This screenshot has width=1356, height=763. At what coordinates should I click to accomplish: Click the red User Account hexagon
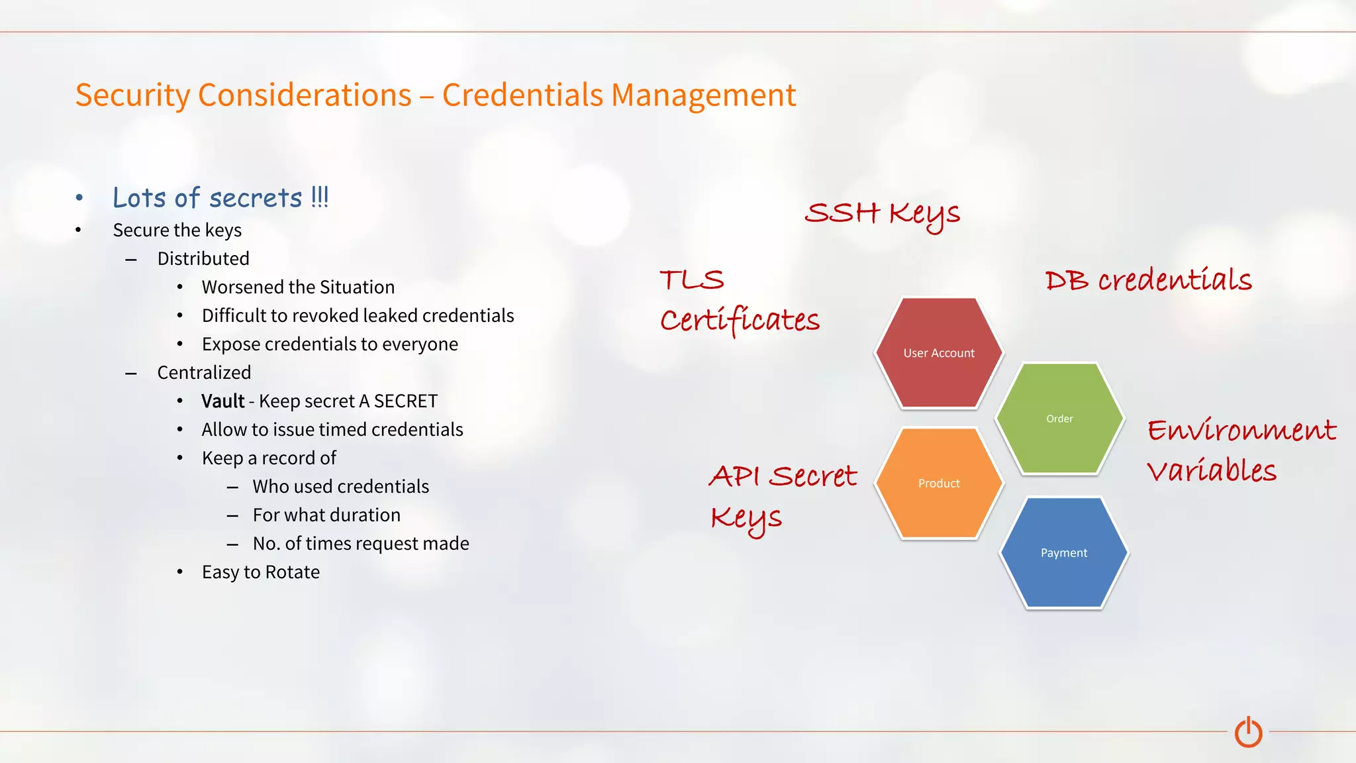(939, 353)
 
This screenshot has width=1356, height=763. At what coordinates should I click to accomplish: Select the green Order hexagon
(1059, 419)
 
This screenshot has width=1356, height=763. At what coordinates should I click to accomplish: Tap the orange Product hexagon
(939, 483)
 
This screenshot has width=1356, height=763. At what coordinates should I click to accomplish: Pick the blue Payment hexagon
(1063, 553)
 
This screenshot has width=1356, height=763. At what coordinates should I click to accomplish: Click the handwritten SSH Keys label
(882, 214)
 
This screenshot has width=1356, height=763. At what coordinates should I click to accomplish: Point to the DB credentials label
(1148, 281)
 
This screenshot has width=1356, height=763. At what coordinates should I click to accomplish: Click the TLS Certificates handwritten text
(739, 301)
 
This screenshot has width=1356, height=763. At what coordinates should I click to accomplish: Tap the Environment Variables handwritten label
(1241, 450)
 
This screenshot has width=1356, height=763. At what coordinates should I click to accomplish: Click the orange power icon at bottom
(1248, 732)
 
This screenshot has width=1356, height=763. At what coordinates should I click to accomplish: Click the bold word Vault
(222, 401)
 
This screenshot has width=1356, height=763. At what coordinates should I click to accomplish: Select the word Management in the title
(702, 95)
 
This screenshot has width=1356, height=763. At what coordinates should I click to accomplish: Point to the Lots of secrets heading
(220, 198)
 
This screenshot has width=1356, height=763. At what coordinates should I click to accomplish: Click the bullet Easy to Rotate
(260, 572)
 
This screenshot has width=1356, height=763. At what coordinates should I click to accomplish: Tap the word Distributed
(203, 259)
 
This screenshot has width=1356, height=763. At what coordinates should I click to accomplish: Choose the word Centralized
(204, 373)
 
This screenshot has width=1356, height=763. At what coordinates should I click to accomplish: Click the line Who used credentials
(340, 487)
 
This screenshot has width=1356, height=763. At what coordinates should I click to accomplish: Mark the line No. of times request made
(360, 544)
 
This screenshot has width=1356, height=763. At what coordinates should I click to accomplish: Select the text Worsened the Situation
(298, 287)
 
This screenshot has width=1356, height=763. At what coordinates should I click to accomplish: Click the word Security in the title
(132, 95)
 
